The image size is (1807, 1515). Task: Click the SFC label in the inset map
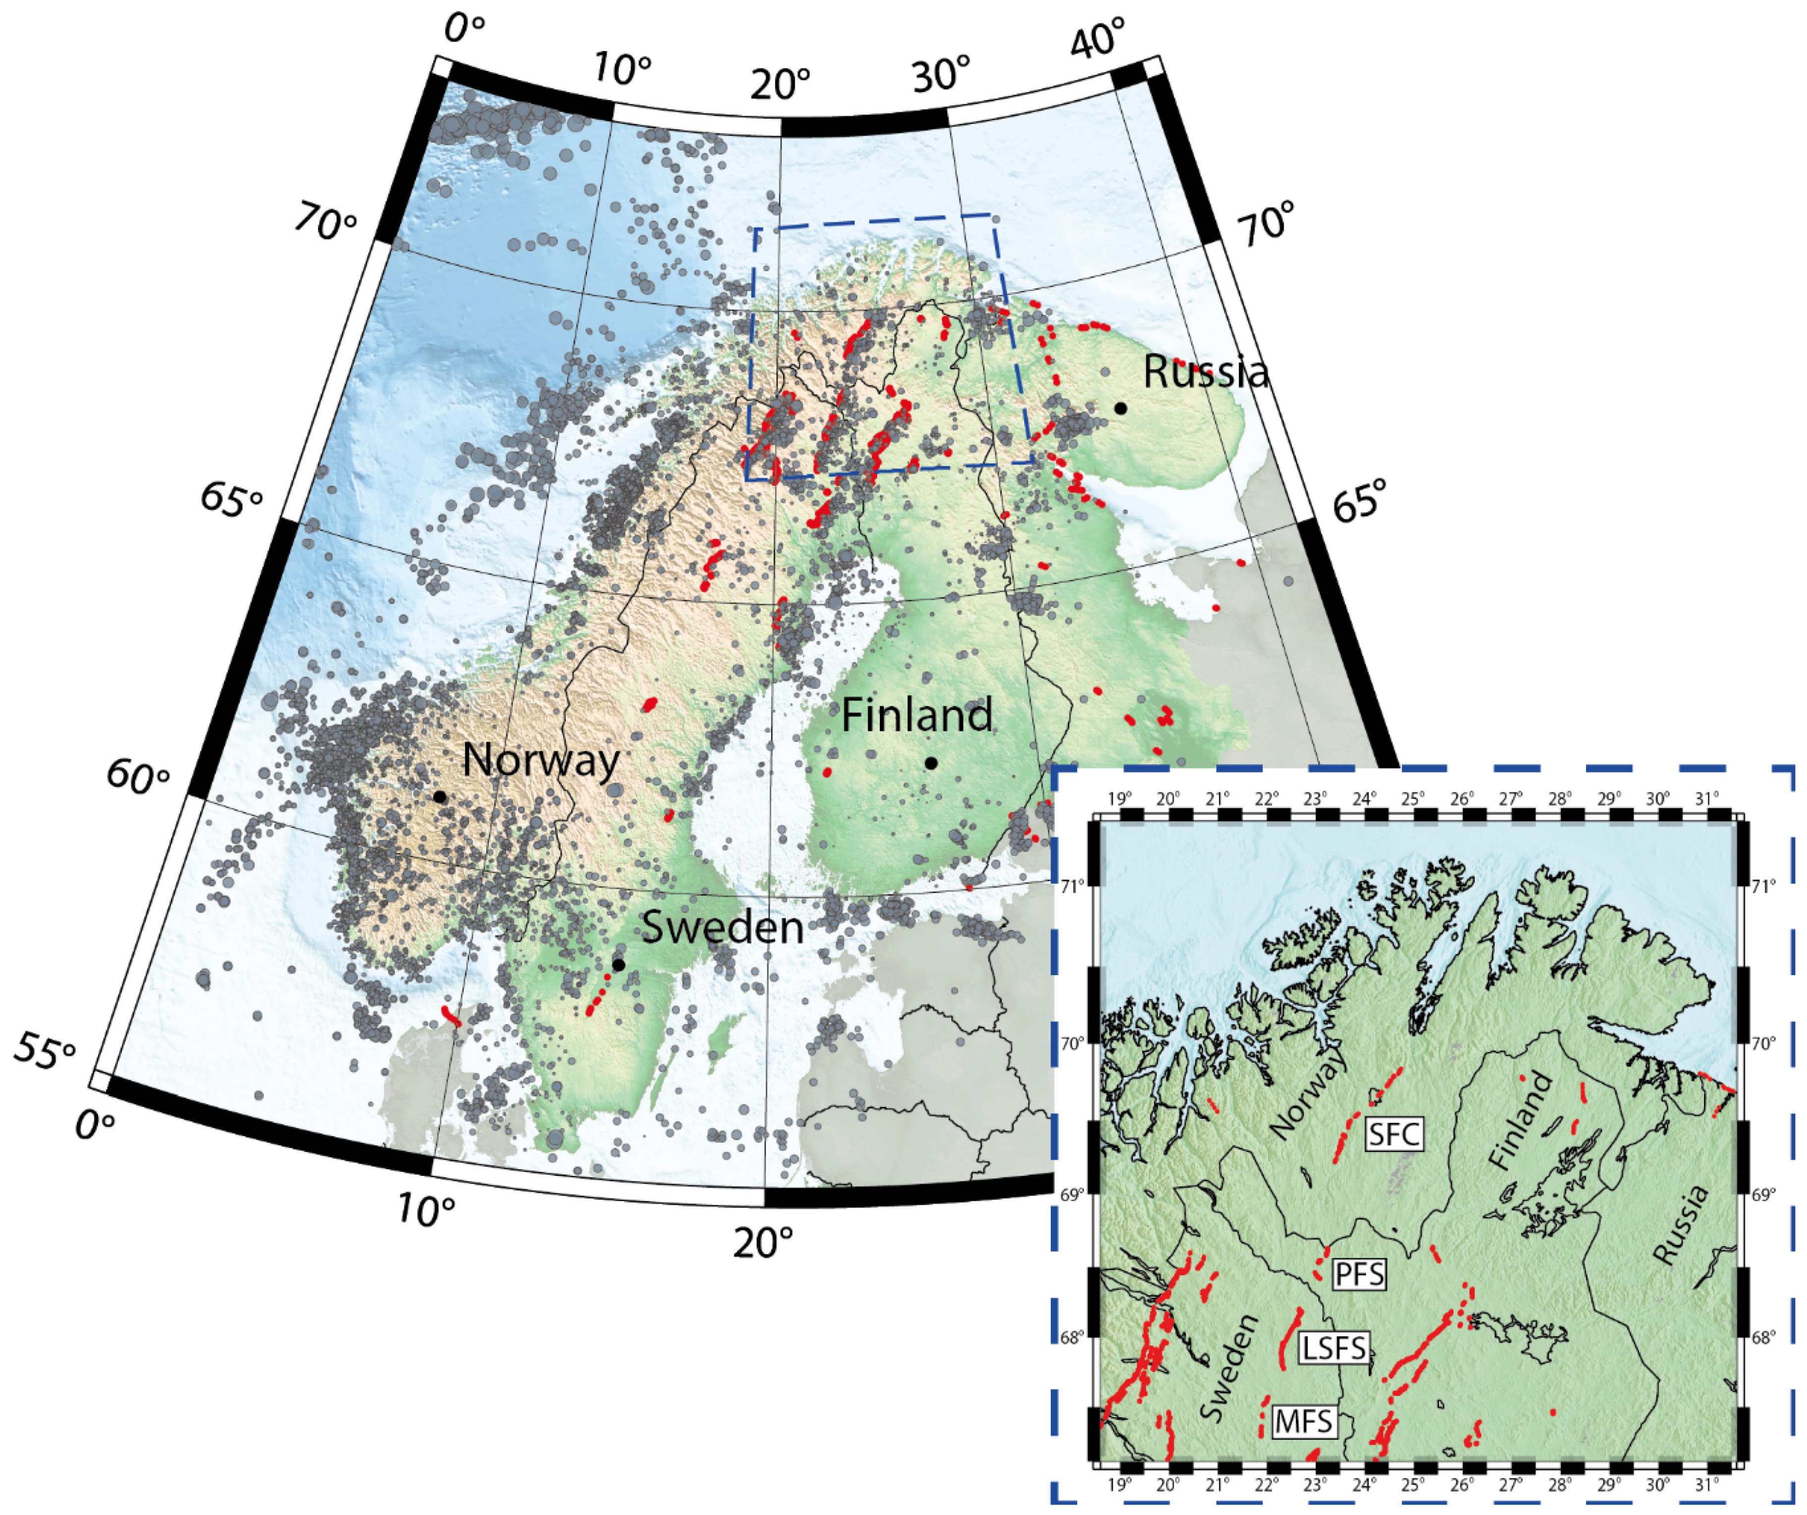(1394, 1135)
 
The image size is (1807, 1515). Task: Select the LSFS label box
(1334, 1347)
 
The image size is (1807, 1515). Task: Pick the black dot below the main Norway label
(439, 796)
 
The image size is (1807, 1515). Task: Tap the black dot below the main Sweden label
(618, 965)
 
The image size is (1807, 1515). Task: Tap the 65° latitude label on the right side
(1360, 499)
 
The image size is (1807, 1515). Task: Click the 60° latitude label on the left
(138, 775)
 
